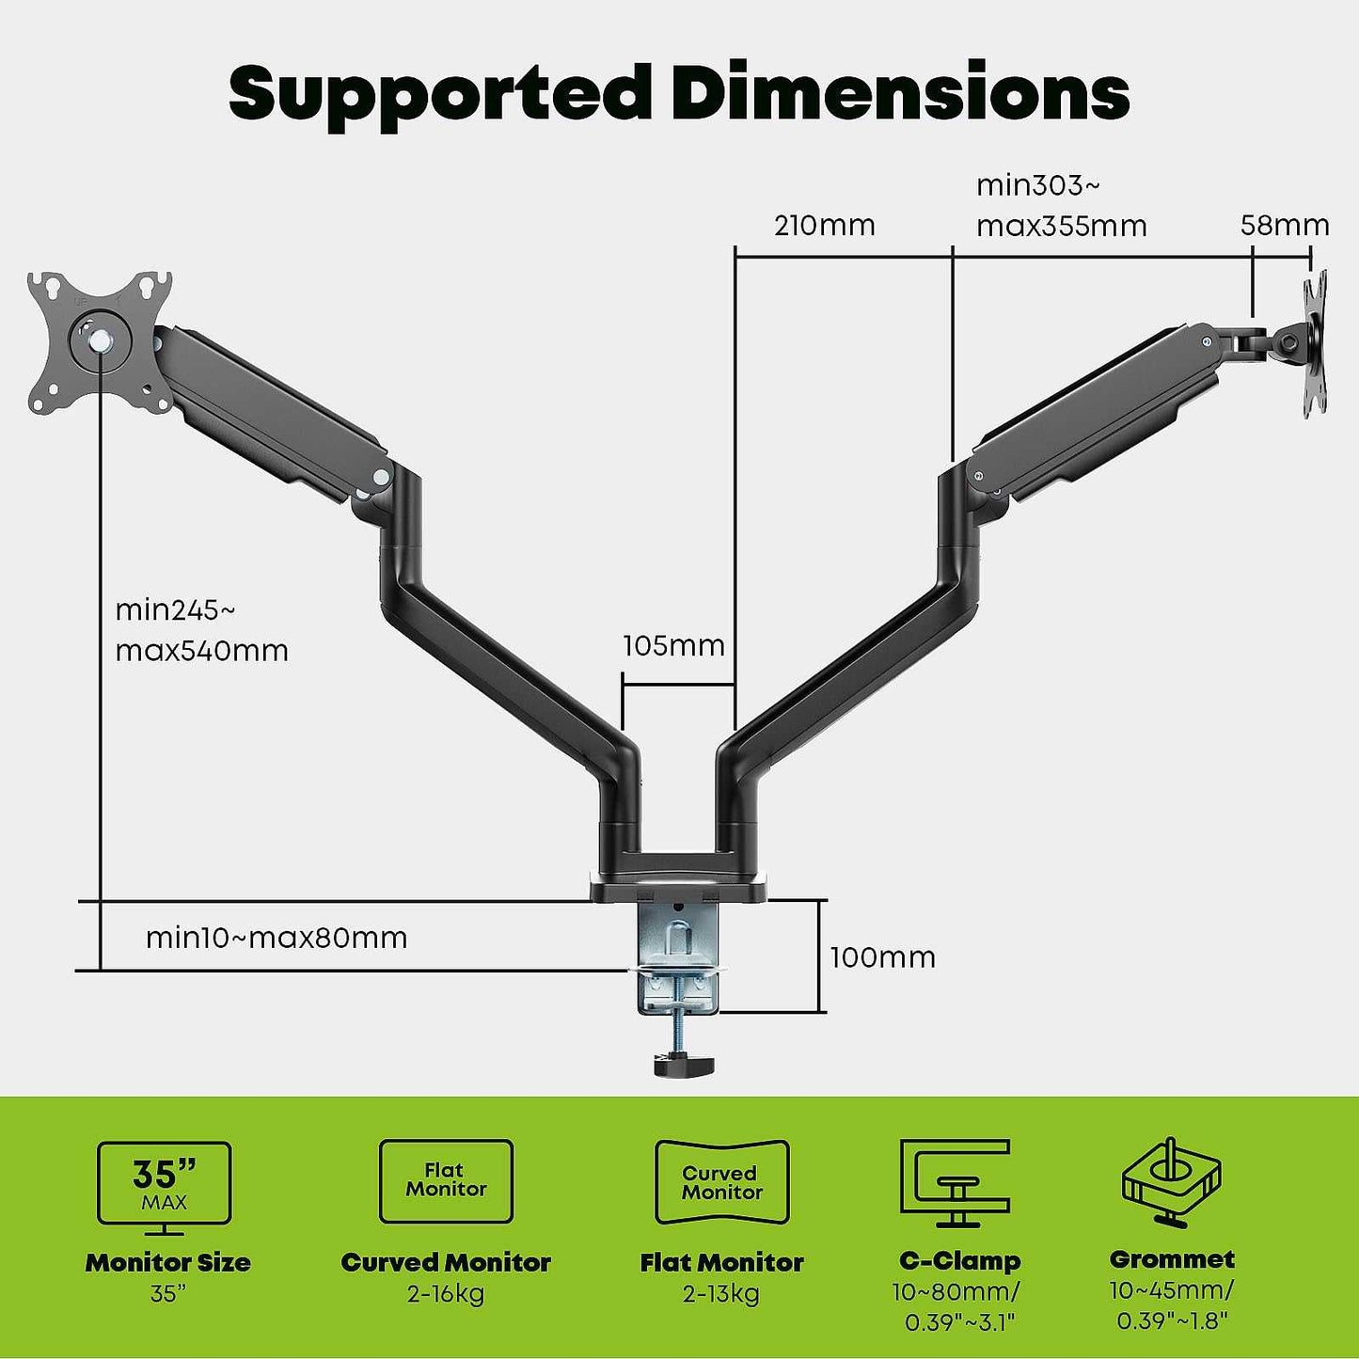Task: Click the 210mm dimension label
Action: tap(824, 226)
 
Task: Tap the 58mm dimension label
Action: tap(1284, 226)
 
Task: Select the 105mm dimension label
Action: tap(673, 646)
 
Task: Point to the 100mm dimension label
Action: tap(882, 957)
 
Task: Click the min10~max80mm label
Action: tap(277, 938)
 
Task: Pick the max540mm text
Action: tap(201, 651)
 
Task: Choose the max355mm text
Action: tap(1061, 227)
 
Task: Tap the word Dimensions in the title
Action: tap(899, 92)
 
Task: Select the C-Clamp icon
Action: tap(955, 1183)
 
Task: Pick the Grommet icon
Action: tap(1171, 1183)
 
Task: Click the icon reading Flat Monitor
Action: tap(446, 1181)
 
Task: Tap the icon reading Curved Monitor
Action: tap(721, 1182)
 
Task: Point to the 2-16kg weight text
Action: tap(446, 1295)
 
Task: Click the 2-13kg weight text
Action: tap(721, 1295)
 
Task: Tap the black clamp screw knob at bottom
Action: tap(683, 1065)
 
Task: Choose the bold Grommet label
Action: tap(1172, 1259)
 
